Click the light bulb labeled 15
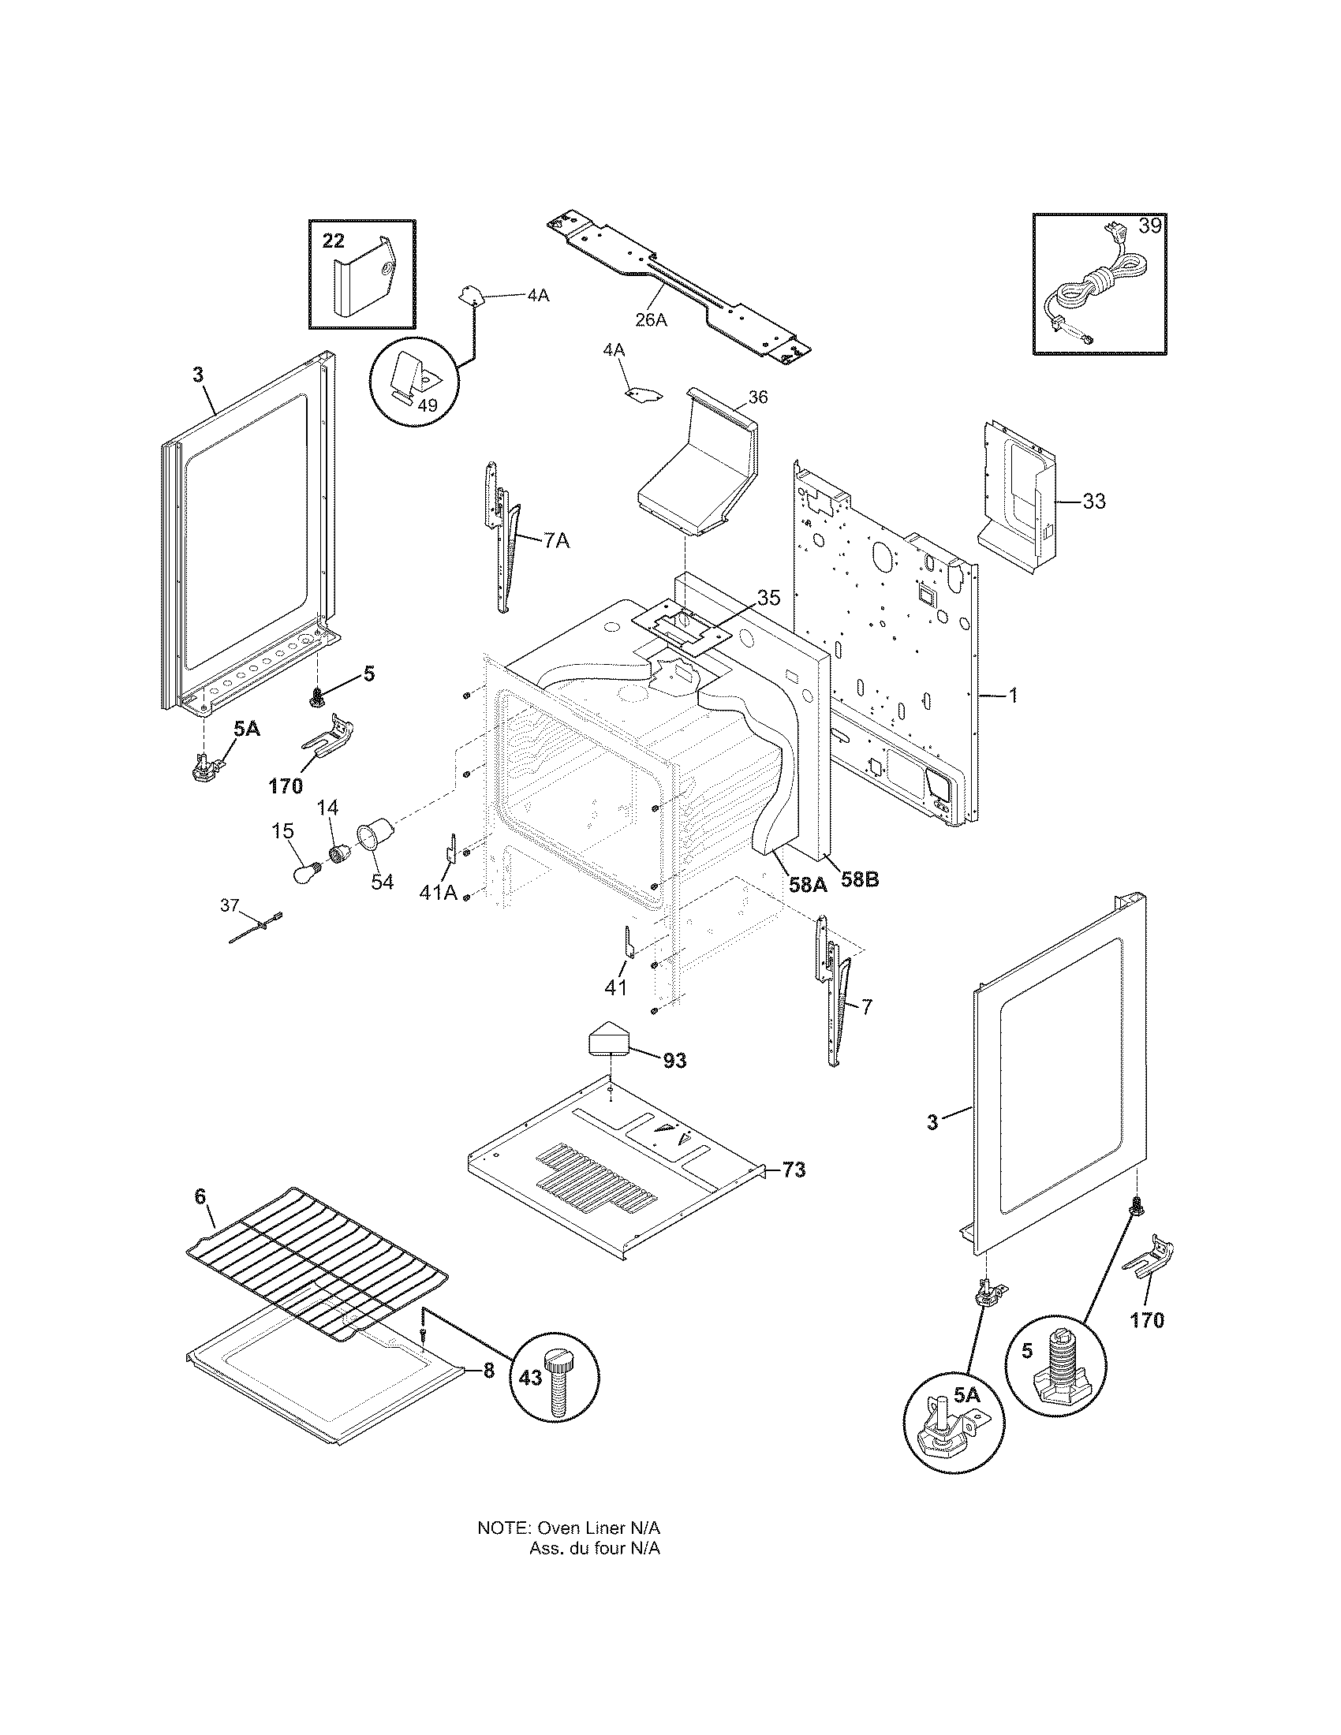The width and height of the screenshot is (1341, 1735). pos(305,874)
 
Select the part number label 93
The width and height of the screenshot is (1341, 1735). pos(674,1060)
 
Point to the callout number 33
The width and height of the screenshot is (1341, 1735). pos(1094,502)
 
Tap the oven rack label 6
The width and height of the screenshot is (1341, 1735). pos(200,1218)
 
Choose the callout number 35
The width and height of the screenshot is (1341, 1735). pos(769,598)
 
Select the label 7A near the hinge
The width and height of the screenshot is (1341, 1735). pos(556,541)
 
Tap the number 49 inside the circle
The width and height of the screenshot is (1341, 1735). pos(428,405)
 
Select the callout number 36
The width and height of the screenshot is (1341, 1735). pos(758,397)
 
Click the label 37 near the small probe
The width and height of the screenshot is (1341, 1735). pos(230,905)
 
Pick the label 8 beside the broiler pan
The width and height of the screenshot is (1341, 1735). pos(487,1371)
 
